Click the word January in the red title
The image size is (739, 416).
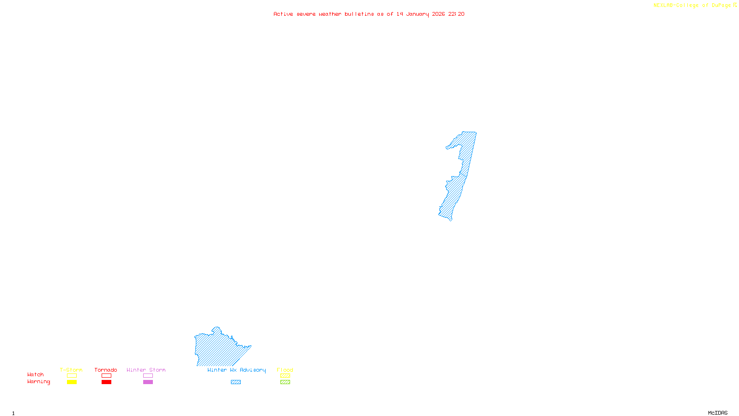pyautogui.click(x=417, y=14)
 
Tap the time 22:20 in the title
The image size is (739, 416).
pyautogui.click(x=456, y=14)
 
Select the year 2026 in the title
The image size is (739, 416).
pyautogui.click(x=438, y=14)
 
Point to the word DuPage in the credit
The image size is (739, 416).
pyautogui.click(x=721, y=6)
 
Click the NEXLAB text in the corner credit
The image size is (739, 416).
pyautogui.click(x=663, y=6)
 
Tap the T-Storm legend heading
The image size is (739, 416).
pyautogui.click(x=71, y=370)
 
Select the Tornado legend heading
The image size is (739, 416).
pyautogui.click(x=106, y=370)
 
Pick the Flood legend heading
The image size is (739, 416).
pyautogui.click(x=285, y=370)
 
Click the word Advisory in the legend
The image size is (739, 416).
pyautogui.click(x=253, y=370)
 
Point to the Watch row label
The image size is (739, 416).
pyautogui.click(x=36, y=375)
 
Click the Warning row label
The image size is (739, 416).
pyautogui.click(x=39, y=382)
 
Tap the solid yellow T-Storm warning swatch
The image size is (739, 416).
pyautogui.click(x=72, y=382)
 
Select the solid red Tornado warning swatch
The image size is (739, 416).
pyautogui.click(x=107, y=382)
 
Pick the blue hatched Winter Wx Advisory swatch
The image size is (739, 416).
pyautogui.click(x=236, y=382)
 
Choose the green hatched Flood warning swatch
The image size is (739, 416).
pyautogui.click(x=285, y=382)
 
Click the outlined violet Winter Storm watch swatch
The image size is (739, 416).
pyautogui.click(x=148, y=376)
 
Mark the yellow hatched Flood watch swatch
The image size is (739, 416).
pyautogui.click(x=285, y=376)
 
